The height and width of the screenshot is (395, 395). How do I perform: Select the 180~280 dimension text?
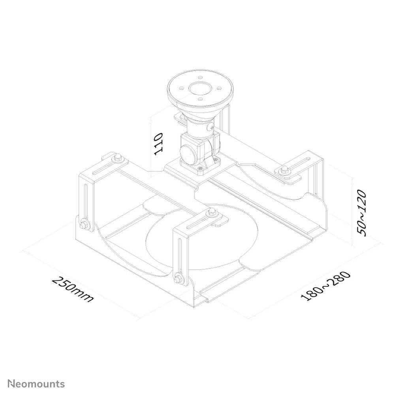pyautogui.click(x=325, y=286)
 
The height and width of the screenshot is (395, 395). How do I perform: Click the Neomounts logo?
pyautogui.click(x=36, y=384)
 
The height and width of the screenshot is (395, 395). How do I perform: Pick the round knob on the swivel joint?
pyautogui.click(x=188, y=153)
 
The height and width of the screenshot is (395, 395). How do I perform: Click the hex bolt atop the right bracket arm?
pyautogui.click(x=283, y=170)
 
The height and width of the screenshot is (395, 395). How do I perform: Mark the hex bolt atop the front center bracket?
pyautogui.click(x=212, y=213)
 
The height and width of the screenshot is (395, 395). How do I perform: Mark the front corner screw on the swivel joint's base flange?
pyautogui.click(x=201, y=169)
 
